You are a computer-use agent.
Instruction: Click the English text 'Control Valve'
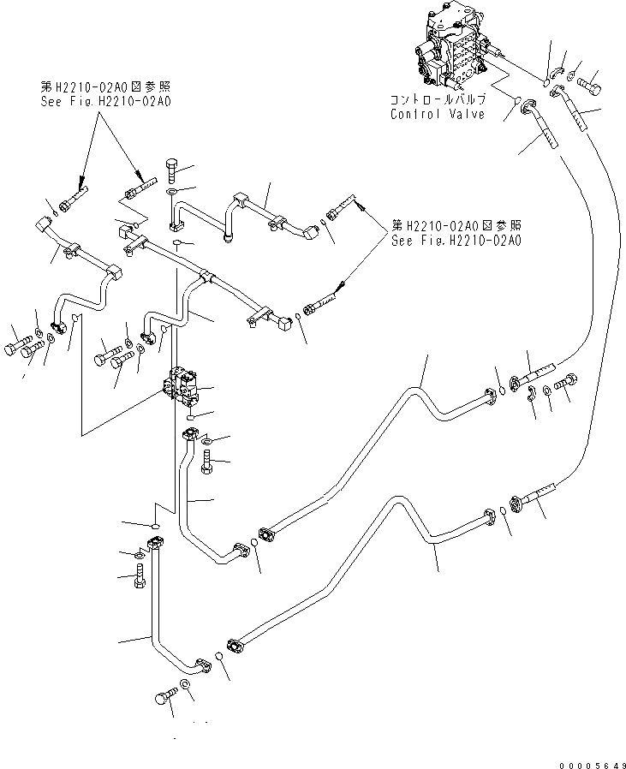[x=437, y=114]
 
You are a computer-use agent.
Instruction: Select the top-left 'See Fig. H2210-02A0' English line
[x=106, y=101]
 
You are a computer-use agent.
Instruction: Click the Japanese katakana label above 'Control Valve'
[x=437, y=99]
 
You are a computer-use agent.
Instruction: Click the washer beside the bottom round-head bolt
[x=183, y=686]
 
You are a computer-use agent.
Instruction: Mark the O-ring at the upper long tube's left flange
[x=255, y=541]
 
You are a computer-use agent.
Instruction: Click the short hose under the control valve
[x=544, y=124]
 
